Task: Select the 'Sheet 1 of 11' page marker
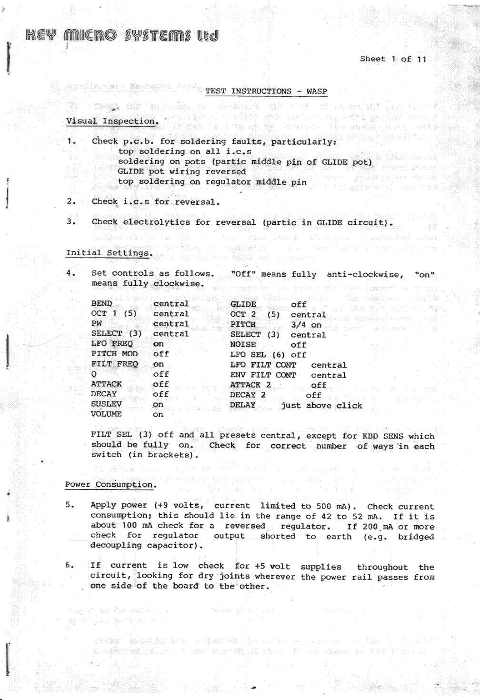coord(393,59)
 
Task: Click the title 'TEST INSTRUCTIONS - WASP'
coord(266,91)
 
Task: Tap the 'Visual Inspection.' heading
coord(112,121)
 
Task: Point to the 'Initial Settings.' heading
coord(109,253)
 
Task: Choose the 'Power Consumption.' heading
coord(110,485)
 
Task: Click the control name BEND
coord(101,303)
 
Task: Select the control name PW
coord(97,324)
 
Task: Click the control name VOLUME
coord(106,414)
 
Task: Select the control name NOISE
coord(243,344)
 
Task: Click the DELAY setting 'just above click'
coord(321,406)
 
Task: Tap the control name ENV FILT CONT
coord(263,375)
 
